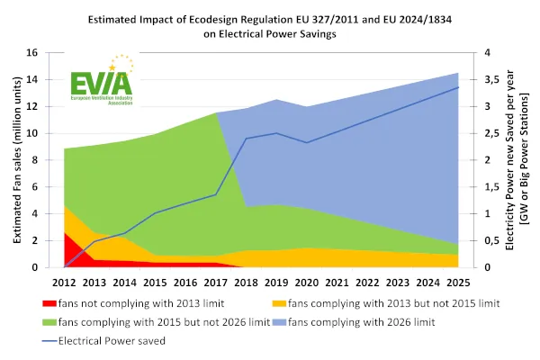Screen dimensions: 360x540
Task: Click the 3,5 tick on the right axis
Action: point(493,79)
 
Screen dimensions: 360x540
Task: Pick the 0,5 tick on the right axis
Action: point(493,240)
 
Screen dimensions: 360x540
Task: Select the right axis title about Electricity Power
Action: point(520,160)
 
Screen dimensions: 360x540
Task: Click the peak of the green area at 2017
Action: point(216,112)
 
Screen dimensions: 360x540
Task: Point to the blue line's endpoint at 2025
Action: point(457,87)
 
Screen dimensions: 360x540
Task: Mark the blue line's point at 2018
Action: point(246,139)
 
